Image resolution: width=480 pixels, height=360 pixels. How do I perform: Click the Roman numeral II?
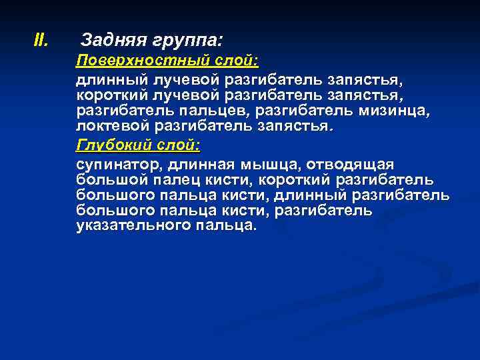click(41, 41)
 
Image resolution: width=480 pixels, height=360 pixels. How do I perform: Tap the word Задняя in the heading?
click(107, 41)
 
